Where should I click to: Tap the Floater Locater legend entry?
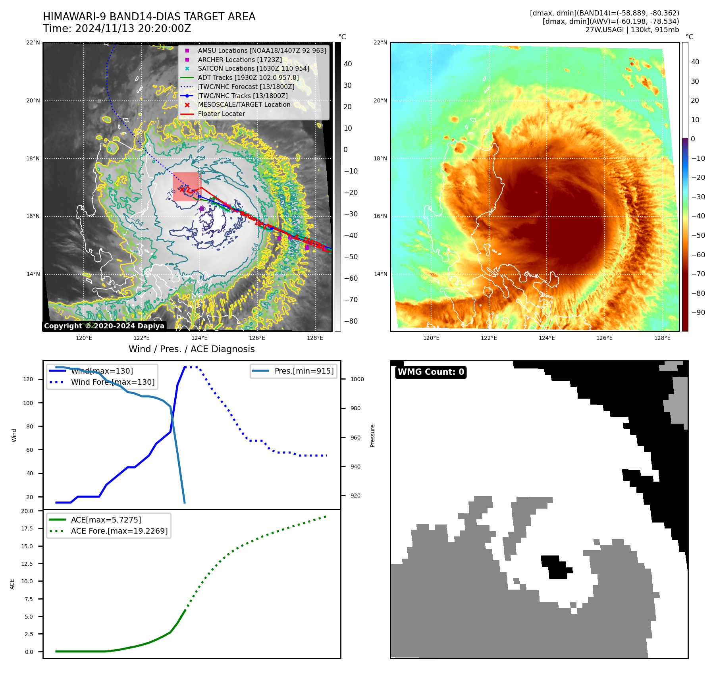221,114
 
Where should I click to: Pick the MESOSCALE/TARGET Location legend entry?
244,104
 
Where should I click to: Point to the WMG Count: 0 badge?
431,372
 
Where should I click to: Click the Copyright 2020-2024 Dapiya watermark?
104,326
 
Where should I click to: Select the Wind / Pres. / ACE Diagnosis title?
191,349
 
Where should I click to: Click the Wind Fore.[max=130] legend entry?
112,382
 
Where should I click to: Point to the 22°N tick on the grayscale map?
33,43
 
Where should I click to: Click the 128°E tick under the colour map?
662,338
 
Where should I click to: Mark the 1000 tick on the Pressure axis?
357,379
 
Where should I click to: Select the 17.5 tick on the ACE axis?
27,528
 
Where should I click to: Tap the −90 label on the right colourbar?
698,312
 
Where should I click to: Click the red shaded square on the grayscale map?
187,187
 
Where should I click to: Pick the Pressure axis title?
372,436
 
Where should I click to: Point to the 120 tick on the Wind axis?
28,379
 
